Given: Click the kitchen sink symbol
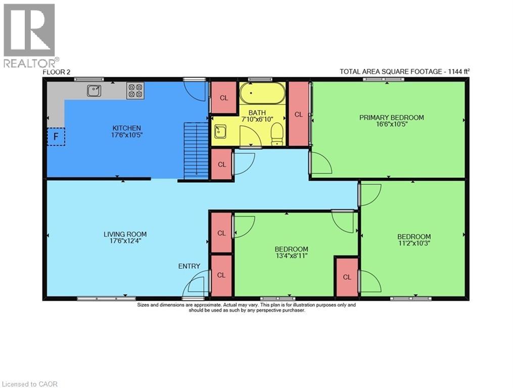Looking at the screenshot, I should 94,90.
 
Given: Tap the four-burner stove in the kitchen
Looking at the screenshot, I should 135,90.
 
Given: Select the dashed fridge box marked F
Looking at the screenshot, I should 56,136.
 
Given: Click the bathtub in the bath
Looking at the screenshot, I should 262,93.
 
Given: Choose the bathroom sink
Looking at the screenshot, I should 220,132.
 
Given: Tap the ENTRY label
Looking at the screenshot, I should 189,266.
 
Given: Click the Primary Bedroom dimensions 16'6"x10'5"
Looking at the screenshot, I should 391,124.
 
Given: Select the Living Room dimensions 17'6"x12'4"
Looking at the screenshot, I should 125,241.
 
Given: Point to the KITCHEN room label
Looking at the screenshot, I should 126,128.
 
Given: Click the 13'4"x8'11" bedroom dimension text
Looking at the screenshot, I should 291,256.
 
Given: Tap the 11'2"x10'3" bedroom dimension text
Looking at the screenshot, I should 413,243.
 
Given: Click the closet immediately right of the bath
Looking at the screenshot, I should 298,114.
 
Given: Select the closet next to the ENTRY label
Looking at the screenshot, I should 221,275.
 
